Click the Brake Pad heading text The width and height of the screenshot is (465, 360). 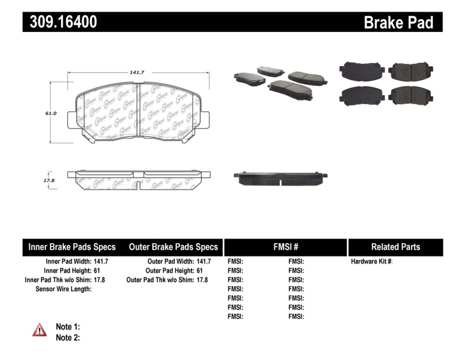tap(398, 22)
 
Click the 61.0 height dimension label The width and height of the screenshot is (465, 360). tap(51, 113)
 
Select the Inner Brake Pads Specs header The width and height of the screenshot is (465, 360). tap(72, 247)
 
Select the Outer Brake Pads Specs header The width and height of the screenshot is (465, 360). tap(173, 247)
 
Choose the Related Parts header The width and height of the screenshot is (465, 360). tap(396, 247)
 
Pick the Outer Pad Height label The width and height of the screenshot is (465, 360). tap(170, 270)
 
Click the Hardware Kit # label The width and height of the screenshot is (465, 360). tap(371, 262)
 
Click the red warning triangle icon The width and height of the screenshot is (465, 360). tap(39, 330)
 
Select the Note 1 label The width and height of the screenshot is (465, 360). tap(67, 327)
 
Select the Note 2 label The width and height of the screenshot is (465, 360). tap(67, 337)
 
